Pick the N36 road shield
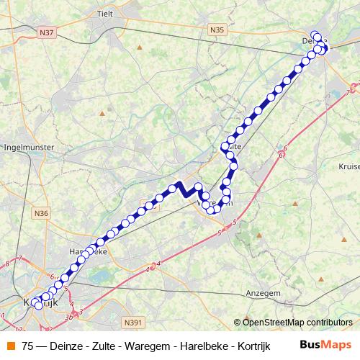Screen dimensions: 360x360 click(x=41, y=213)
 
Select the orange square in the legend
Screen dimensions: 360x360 click(x=10, y=345)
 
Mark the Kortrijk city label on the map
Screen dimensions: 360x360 click(x=40, y=302)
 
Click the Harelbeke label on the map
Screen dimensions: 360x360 click(x=86, y=253)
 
